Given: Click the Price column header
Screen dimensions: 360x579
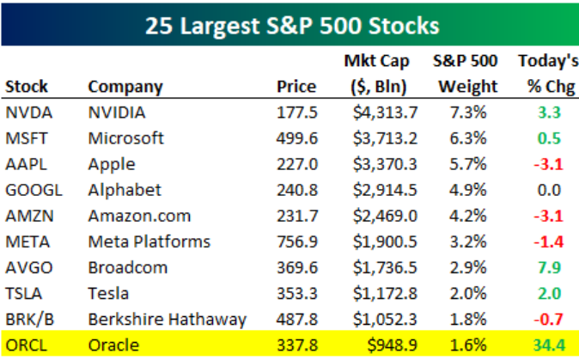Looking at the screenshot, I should point(296,87).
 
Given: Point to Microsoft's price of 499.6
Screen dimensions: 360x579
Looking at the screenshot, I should point(296,137).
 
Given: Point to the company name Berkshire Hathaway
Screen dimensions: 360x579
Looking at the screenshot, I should point(167,320).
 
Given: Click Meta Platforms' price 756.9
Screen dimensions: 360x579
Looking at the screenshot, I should point(296,241).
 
